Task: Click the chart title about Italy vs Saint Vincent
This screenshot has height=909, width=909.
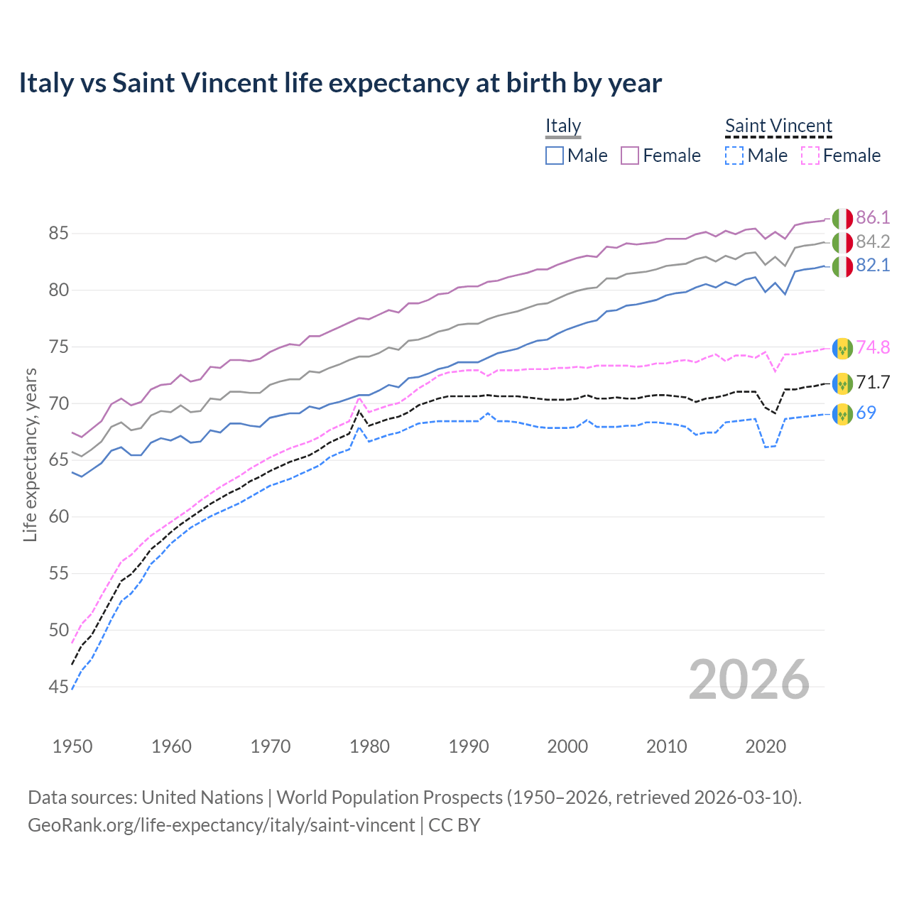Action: (340, 83)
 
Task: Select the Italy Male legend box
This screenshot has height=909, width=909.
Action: (555, 156)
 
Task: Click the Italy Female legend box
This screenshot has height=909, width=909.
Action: (630, 156)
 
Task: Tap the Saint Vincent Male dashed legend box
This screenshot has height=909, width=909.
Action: (734, 156)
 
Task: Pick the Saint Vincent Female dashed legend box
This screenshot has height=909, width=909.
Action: (810, 156)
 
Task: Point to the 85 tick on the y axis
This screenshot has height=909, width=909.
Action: (59, 234)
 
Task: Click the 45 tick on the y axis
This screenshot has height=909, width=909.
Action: (59, 687)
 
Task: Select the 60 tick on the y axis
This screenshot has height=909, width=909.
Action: (59, 517)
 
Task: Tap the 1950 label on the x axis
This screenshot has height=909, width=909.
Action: (72, 746)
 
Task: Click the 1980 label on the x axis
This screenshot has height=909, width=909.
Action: (370, 746)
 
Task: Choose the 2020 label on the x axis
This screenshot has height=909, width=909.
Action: (766, 746)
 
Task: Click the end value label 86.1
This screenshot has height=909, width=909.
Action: (873, 218)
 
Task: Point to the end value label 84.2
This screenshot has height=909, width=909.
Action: (873, 242)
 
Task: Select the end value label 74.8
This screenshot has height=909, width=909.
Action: (873, 347)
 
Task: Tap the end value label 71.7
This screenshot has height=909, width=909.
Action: (873, 383)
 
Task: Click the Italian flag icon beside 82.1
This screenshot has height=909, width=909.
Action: (842, 266)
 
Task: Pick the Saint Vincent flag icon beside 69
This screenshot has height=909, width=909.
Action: (842, 413)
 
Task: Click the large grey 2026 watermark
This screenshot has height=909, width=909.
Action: (749, 680)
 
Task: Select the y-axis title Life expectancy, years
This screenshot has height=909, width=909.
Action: (31, 454)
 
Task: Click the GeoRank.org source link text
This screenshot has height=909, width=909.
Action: (221, 825)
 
